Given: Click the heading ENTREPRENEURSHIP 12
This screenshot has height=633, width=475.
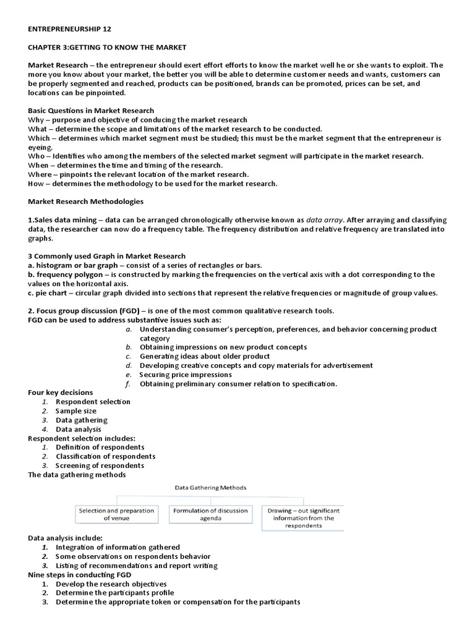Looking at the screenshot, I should (x=71, y=29).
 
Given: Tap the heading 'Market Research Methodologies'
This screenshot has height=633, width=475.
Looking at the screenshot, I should (x=86, y=202).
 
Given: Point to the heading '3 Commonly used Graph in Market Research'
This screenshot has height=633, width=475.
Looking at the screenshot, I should (x=106, y=256).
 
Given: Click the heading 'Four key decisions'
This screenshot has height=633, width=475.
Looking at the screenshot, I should (x=61, y=393).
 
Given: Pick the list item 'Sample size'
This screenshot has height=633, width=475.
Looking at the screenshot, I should (x=76, y=410).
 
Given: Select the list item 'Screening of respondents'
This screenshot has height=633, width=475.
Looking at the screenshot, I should (x=100, y=465).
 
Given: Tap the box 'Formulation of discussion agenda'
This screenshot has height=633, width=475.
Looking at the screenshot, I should (x=210, y=514).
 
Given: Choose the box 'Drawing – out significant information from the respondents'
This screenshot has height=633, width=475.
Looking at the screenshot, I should (x=302, y=518).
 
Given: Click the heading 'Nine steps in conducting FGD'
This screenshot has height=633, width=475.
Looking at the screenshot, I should (x=80, y=574).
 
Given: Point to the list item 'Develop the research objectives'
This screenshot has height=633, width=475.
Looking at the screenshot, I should (x=111, y=584).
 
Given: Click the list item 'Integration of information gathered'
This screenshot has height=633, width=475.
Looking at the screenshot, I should (x=118, y=547).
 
